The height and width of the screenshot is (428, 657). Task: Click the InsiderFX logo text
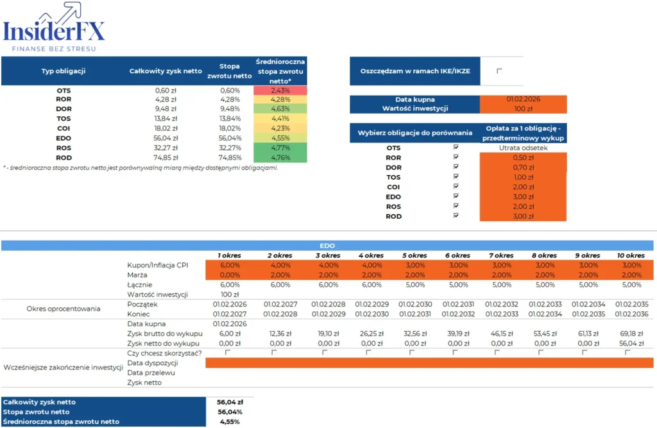pos(54,30)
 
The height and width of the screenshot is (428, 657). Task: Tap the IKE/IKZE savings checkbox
pos(500,71)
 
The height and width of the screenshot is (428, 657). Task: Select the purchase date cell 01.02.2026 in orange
pos(523,99)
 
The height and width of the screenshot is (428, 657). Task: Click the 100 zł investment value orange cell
pos(523,108)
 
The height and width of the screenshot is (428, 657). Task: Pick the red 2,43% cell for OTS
pos(280,90)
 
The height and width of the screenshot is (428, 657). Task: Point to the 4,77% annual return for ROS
pos(280,148)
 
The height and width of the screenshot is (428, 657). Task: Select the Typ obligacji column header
pos(64,71)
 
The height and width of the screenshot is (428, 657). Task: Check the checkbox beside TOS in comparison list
pos(456,177)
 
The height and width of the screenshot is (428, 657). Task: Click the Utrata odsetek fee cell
pos(523,148)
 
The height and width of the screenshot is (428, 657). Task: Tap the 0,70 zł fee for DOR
pos(523,167)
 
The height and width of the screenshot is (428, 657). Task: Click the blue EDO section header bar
pos(328,245)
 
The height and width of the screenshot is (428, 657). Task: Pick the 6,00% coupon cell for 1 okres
pos(229,265)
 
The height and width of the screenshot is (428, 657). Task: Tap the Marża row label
pos(137,275)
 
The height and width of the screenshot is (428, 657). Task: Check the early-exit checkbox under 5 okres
pos(412,352)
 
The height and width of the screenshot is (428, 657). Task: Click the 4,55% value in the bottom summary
pos(229,422)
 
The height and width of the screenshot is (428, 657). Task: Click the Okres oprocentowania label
pos(64,309)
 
